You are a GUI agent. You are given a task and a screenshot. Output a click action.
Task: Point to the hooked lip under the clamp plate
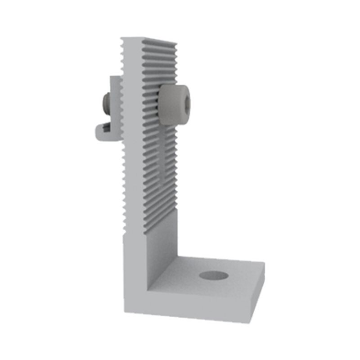pos(101,131)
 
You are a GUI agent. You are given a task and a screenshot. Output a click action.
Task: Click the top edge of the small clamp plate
pos(114,78)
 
